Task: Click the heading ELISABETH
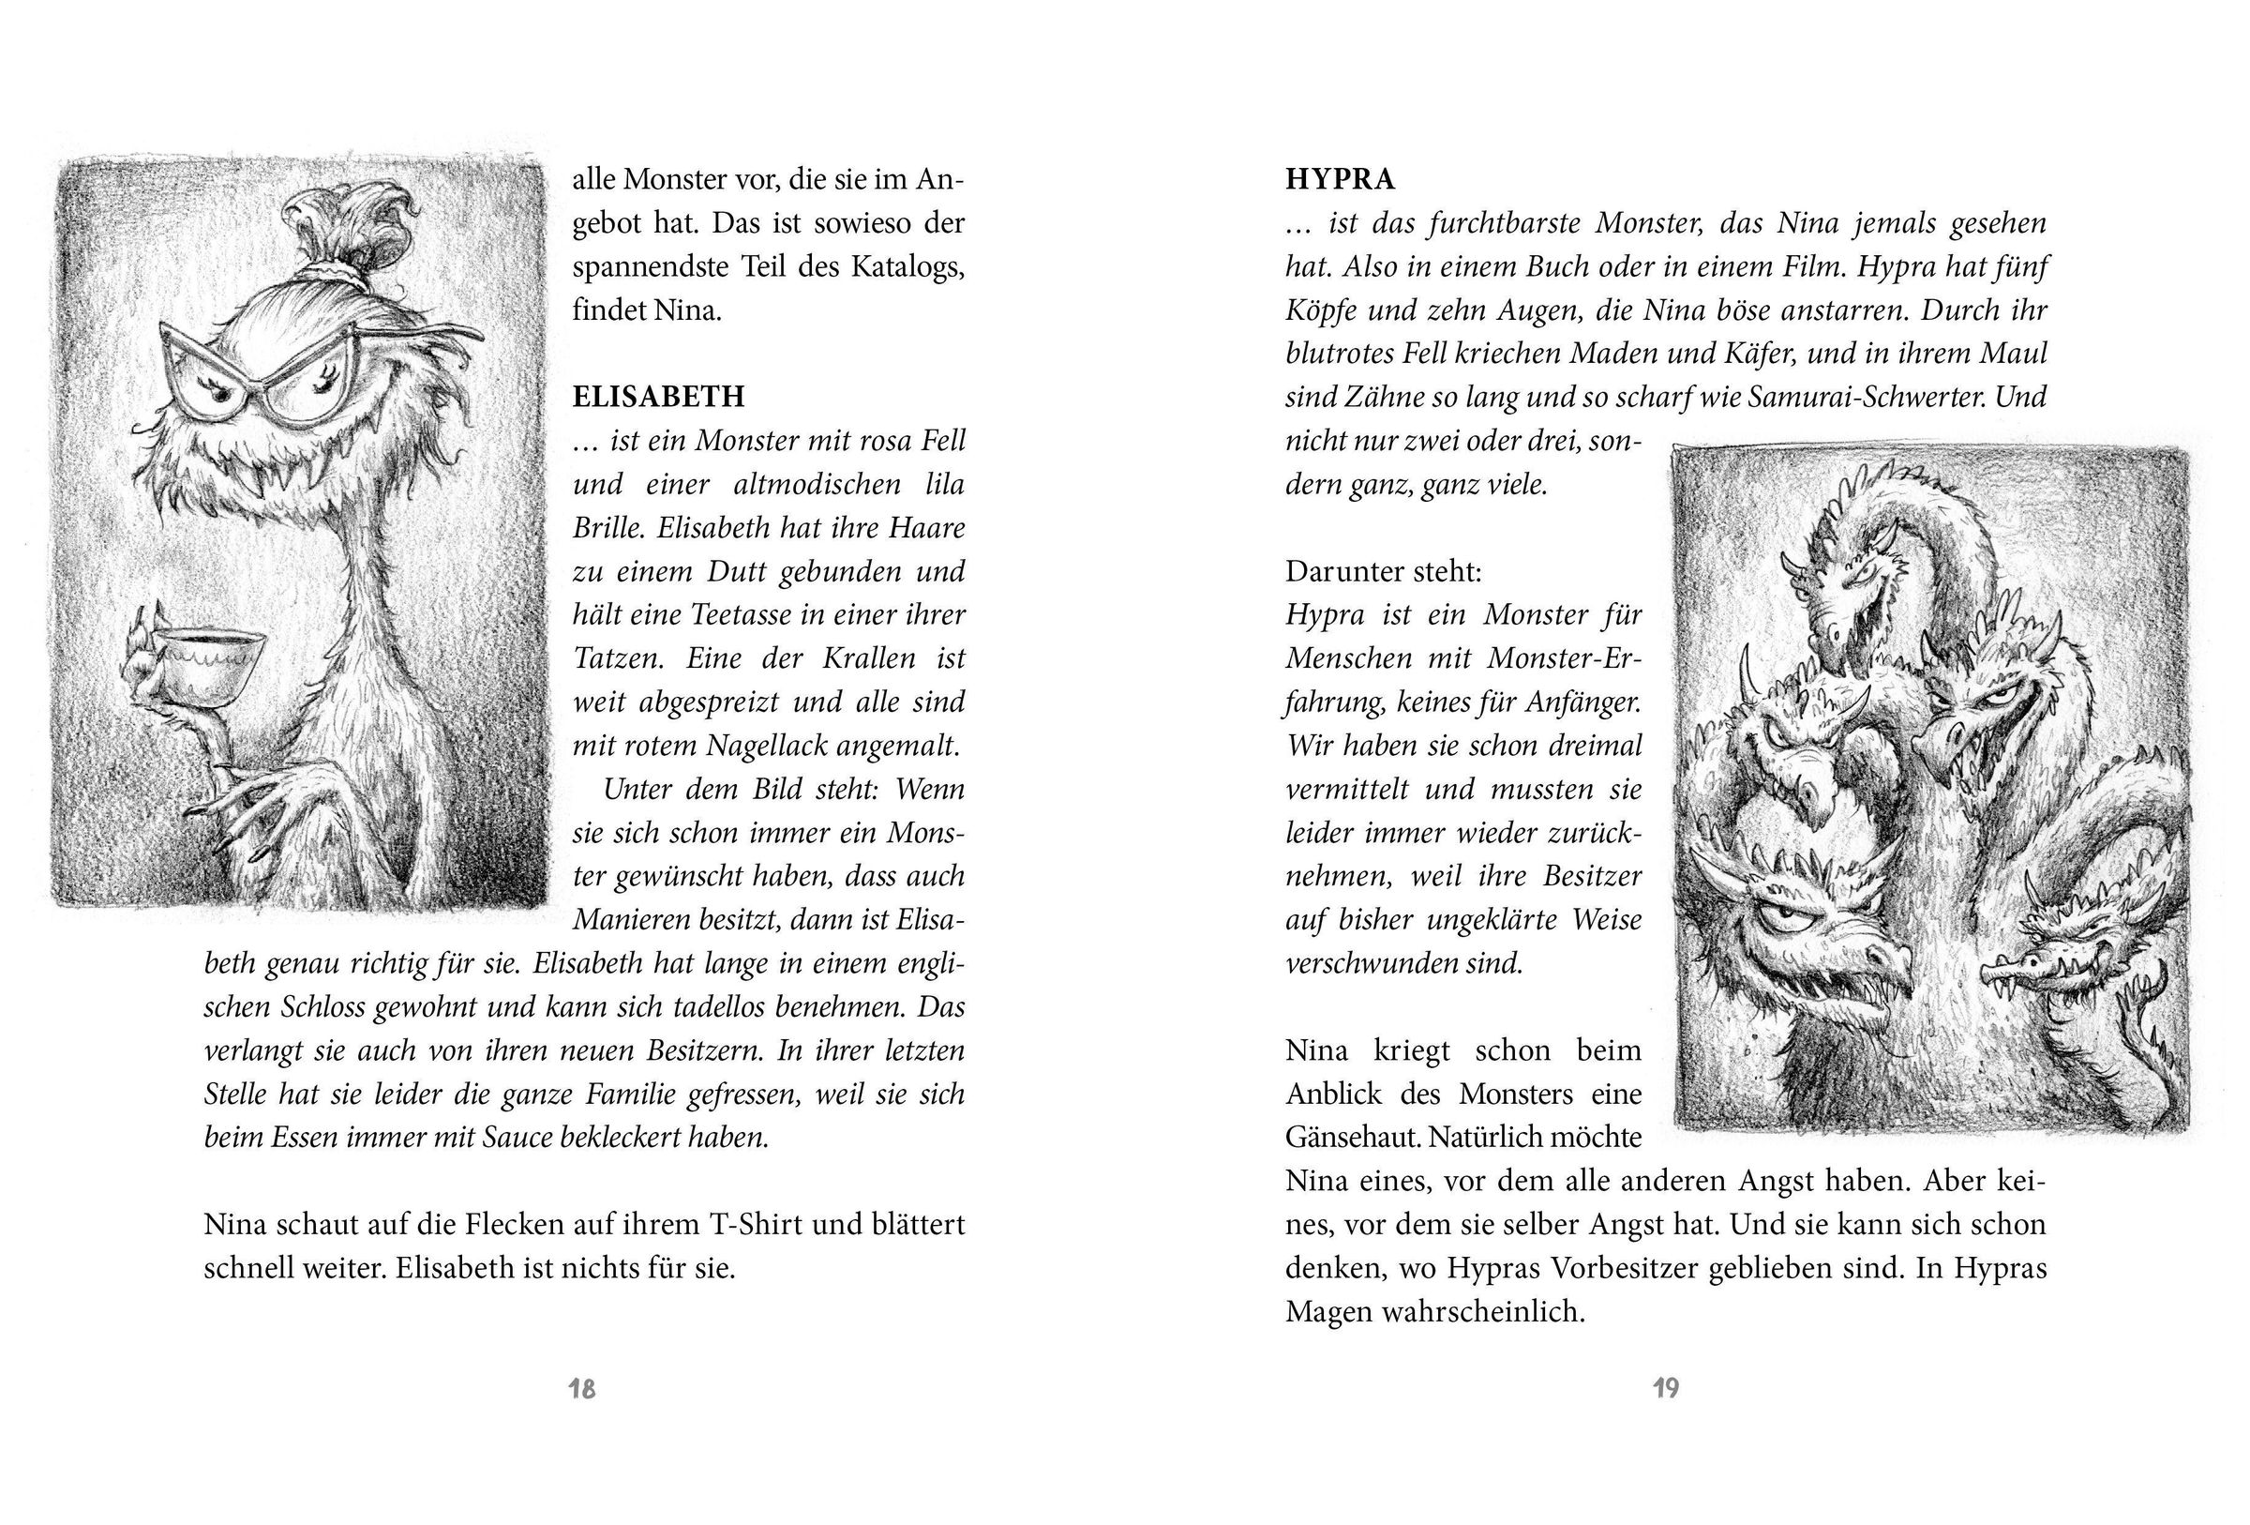click(658, 397)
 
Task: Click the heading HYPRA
click(1340, 179)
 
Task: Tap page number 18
click(582, 1388)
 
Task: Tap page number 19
click(1665, 1388)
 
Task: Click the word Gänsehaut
click(1351, 1137)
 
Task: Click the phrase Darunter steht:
click(1384, 571)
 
